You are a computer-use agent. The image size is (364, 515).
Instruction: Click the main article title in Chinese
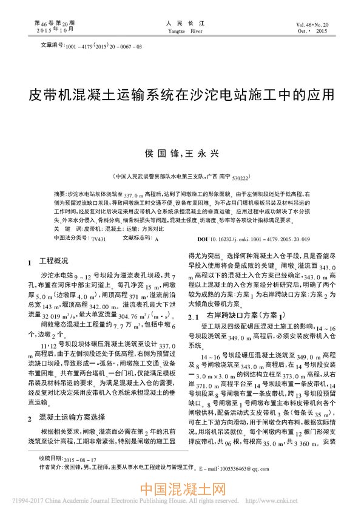182,95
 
